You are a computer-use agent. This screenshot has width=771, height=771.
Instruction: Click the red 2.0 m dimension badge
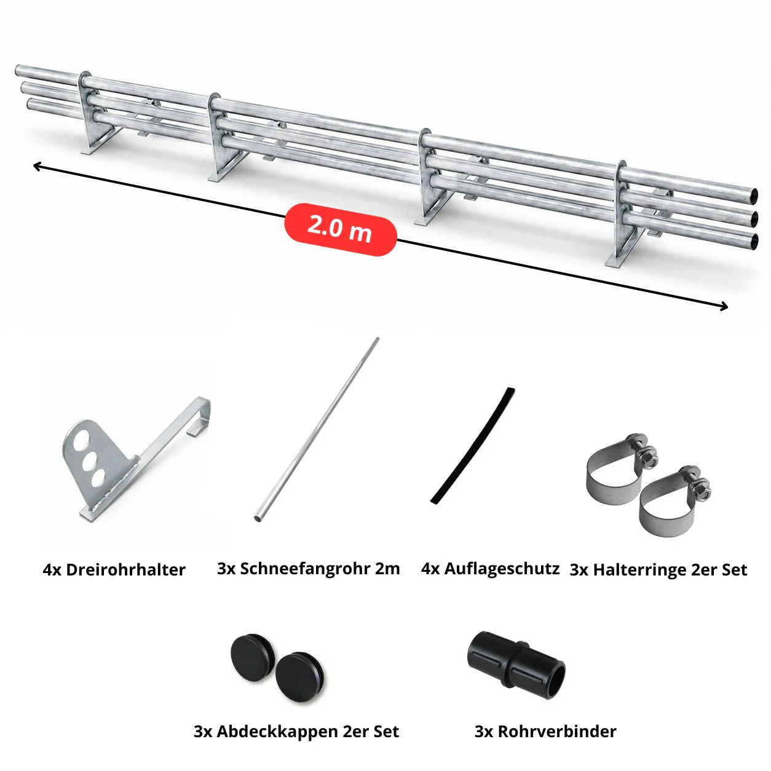(340, 229)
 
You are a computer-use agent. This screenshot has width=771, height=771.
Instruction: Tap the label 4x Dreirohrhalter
(114, 570)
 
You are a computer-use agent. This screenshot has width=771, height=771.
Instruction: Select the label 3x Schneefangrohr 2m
(309, 569)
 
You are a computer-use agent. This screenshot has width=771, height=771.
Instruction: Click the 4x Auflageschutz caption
(490, 569)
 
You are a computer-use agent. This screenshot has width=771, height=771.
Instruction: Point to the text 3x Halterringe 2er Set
(658, 570)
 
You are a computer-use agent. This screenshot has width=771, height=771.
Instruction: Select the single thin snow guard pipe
(316, 429)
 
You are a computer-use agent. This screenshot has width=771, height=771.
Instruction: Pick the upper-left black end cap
(253, 656)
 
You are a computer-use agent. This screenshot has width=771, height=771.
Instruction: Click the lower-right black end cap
(300, 678)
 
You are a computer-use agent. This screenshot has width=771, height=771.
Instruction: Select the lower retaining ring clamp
(672, 502)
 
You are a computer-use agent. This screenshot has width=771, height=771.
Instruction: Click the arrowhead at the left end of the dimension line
(36, 165)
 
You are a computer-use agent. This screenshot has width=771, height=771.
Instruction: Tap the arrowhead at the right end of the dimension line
(724, 307)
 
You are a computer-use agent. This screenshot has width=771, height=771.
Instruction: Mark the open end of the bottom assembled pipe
(754, 240)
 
